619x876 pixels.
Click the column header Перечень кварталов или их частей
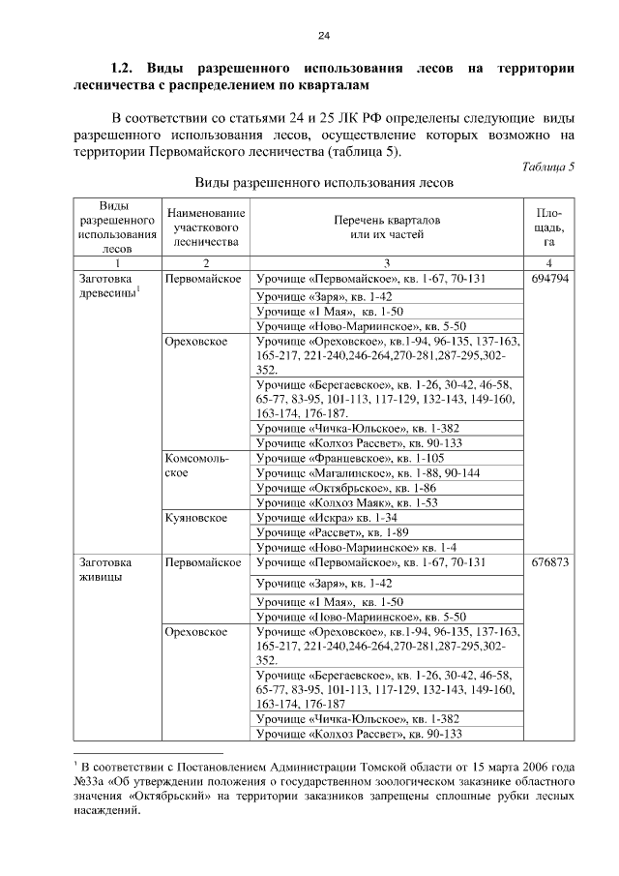387,226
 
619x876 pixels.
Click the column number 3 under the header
387,262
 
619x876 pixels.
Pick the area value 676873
549,561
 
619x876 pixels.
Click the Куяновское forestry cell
196,518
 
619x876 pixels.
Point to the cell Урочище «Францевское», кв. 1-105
348,458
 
